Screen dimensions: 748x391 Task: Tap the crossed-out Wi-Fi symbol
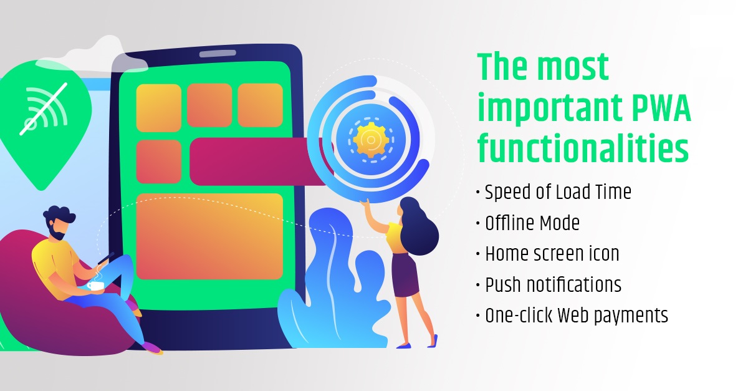click(x=44, y=109)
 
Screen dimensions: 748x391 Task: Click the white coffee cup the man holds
click(x=95, y=286)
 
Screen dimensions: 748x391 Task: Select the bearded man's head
click(x=59, y=221)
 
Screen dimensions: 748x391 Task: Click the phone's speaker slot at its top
click(x=218, y=54)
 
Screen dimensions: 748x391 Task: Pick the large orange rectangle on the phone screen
click(x=209, y=236)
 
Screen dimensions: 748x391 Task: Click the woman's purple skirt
click(x=405, y=275)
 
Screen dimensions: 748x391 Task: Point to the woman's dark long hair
click(x=419, y=226)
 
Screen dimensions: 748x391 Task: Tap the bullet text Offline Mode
click(x=532, y=223)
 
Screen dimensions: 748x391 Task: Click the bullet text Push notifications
click(x=553, y=285)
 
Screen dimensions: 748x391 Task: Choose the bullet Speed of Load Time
click(x=558, y=192)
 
